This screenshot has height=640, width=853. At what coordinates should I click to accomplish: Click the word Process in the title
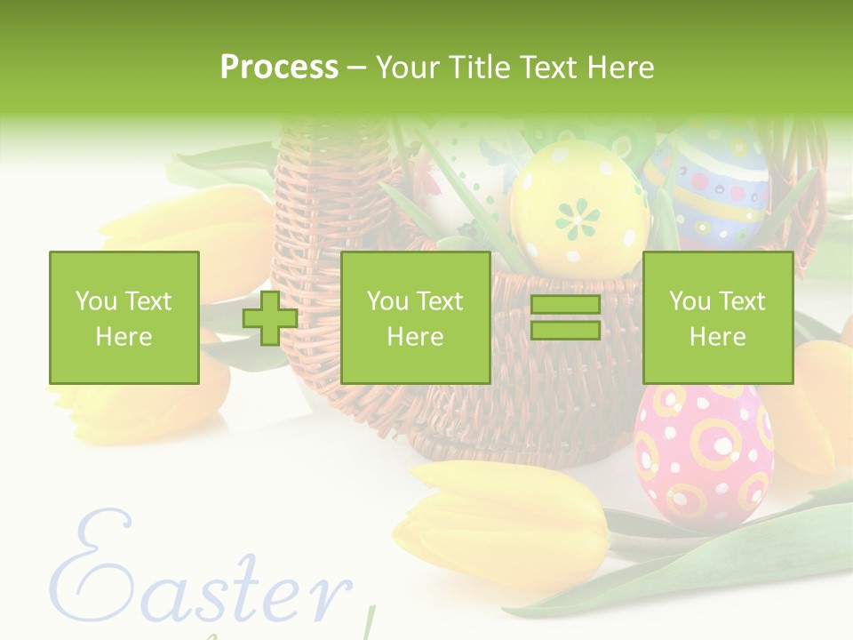click(x=279, y=67)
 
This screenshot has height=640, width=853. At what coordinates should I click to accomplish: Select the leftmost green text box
click(x=124, y=317)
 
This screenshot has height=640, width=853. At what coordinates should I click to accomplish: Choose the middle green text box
click(x=415, y=317)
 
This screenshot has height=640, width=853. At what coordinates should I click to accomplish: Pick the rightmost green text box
click(x=717, y=317)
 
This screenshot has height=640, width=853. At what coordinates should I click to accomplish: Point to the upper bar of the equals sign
click(x=565, y=305)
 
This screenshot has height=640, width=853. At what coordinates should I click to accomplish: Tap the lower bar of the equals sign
click(x=565, y=330)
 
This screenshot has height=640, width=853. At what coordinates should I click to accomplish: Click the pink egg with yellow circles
click(x=703, y=453)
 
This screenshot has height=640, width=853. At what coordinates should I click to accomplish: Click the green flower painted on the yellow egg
click(x=578, y=218)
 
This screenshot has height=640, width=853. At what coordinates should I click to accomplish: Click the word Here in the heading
click(x=620, y=67)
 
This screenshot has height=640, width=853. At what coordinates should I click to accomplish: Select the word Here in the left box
click(x=124, y=336)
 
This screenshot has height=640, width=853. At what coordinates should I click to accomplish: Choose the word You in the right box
click(x=690, y=301)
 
